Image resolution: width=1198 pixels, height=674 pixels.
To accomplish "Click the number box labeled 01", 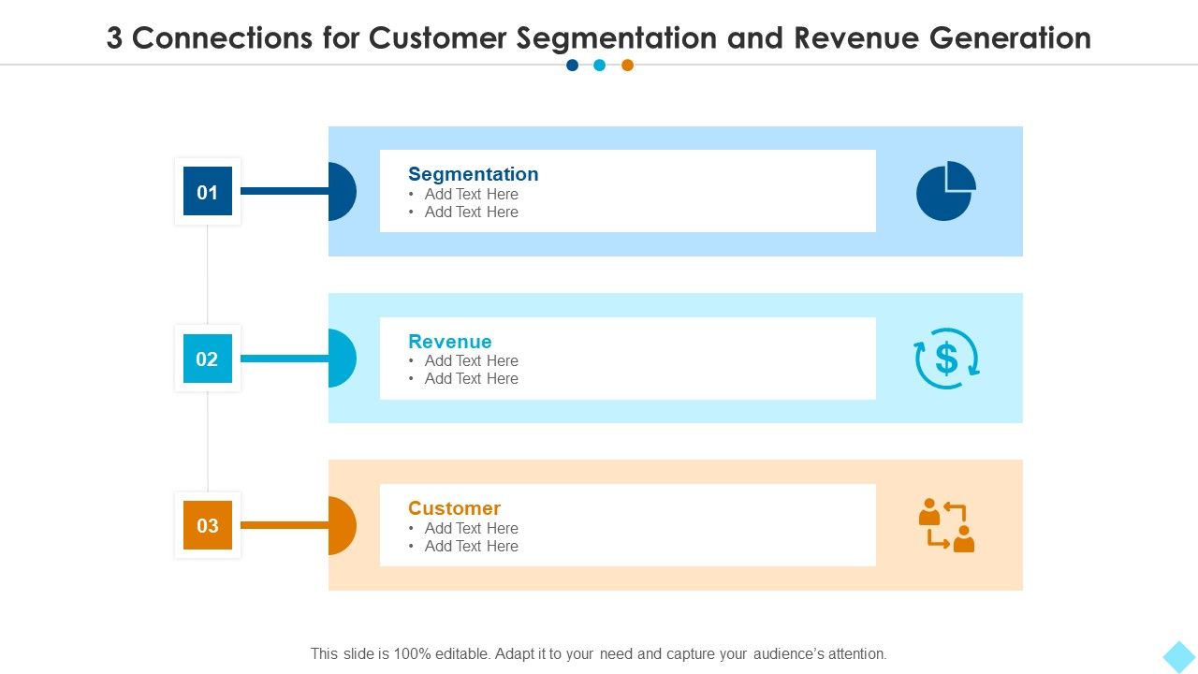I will (x=207, y=192).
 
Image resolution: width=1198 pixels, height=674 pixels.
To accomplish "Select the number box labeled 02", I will (x=207, y=359).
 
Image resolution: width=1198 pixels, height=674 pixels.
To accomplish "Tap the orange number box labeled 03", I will (x=207, y=525).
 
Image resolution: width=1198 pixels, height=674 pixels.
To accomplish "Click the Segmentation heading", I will (x=473, y=174).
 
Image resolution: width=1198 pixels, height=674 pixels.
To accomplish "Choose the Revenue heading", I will (x=449, y=342).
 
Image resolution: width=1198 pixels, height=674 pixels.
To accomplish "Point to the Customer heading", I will (x=454, y=508).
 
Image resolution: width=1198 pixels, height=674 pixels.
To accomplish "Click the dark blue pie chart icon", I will (x=945, y=191).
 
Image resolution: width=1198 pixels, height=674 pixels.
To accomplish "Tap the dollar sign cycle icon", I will (x=946, y=358).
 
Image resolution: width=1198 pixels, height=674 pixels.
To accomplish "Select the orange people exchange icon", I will (x=946, y=525).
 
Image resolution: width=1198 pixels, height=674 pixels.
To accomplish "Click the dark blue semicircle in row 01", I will (x=342, y=191).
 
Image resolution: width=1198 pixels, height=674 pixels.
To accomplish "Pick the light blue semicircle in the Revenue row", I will (x=342, y=358).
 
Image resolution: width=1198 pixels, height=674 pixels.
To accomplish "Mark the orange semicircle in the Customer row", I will (x=342, y=525).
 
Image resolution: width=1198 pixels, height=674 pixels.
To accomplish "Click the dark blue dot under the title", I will (x=572, y=66).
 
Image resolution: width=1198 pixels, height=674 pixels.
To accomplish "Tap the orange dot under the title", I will (x=627, y=66).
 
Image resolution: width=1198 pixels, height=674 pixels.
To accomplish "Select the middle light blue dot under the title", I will (x=599, y=66).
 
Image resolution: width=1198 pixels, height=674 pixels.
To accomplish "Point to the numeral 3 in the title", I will (x=114, y=38).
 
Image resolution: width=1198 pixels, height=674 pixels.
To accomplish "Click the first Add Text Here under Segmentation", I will (x=471, y=195).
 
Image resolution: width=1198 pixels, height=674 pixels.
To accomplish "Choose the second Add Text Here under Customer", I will (x=471, y=547).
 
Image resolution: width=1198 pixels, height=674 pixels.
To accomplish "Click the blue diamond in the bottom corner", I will (x=1179, y=655).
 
